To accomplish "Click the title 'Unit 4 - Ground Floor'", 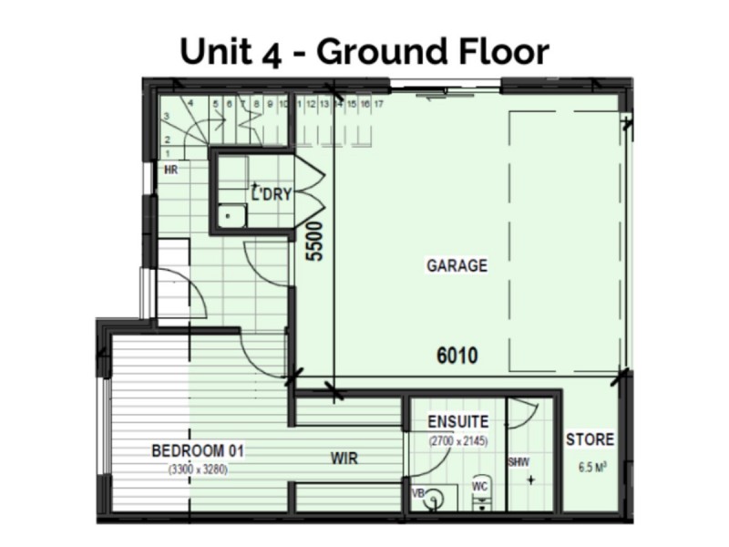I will click(364, 51).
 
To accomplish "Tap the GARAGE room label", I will click(457, 266).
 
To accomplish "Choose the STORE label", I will click(590, 439).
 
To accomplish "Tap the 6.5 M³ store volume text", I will click(591, 470).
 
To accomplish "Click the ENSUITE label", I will click(458, 422).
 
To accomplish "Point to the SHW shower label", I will click(519, 461).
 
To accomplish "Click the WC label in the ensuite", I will click(480, 488).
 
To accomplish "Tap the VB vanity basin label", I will click(418, 493).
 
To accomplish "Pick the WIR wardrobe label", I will click(344, 459).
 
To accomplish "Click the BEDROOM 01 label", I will click(198, 450).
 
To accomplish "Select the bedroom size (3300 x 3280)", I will click(197, 470).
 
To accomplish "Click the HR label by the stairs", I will click(169, 170).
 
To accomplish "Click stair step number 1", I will click(167, 154).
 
